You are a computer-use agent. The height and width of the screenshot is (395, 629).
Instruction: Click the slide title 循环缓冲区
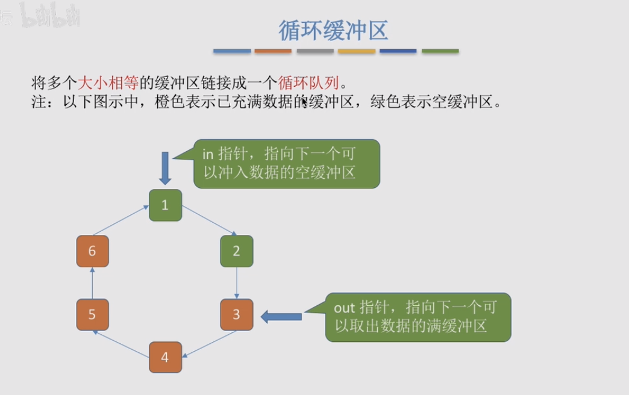[333, 30]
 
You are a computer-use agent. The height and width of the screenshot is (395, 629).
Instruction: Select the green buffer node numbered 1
[164, 205]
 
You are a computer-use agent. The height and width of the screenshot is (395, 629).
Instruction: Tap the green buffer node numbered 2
[236, 251]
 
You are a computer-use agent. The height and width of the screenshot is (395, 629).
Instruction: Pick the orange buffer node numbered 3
[236, 314]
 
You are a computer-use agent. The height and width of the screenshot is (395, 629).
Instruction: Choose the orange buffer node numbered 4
[164, 357]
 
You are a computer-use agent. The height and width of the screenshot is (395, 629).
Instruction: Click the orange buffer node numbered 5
[92, 314]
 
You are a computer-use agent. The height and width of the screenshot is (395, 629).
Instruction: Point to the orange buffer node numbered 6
[92, 251]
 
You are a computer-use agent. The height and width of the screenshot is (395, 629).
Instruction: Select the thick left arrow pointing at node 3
[281, 316]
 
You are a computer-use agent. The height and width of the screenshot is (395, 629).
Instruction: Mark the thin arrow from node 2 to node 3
[237, 283]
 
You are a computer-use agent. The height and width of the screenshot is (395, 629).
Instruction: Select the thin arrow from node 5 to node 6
[92, 283]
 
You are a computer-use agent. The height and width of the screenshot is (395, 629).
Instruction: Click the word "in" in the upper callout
[208, 154]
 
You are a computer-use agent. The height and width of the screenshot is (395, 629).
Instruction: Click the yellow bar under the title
[357, 51]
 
